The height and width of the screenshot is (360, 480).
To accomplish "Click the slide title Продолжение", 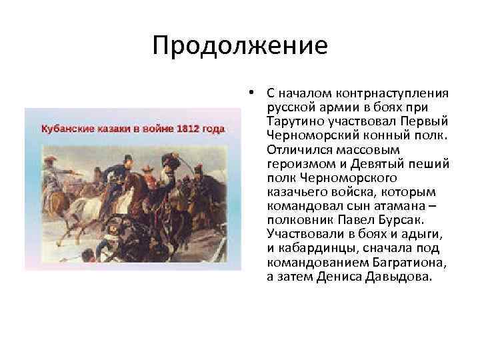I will (x=239, y=46).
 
